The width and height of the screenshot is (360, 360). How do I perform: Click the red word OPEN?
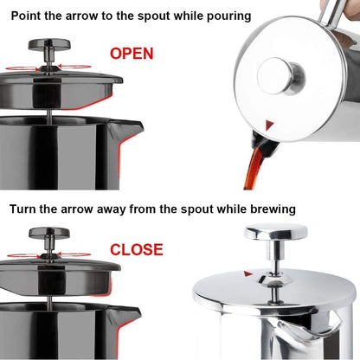[x=132, y=54]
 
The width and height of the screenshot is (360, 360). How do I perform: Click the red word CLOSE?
[x=136, y=249]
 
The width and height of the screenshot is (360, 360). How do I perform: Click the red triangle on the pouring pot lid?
[x=271, y=125]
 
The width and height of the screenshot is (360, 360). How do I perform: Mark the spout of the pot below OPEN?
[x=131, y=129]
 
